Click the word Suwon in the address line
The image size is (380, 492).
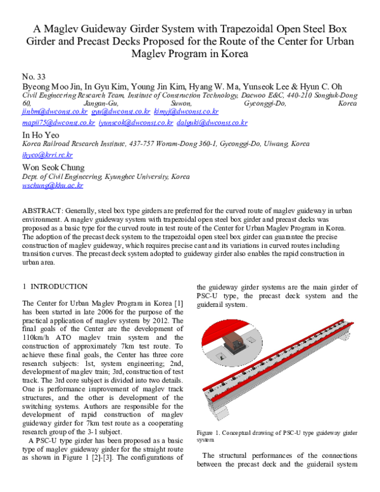pyautogui.click(x=177, y=103)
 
